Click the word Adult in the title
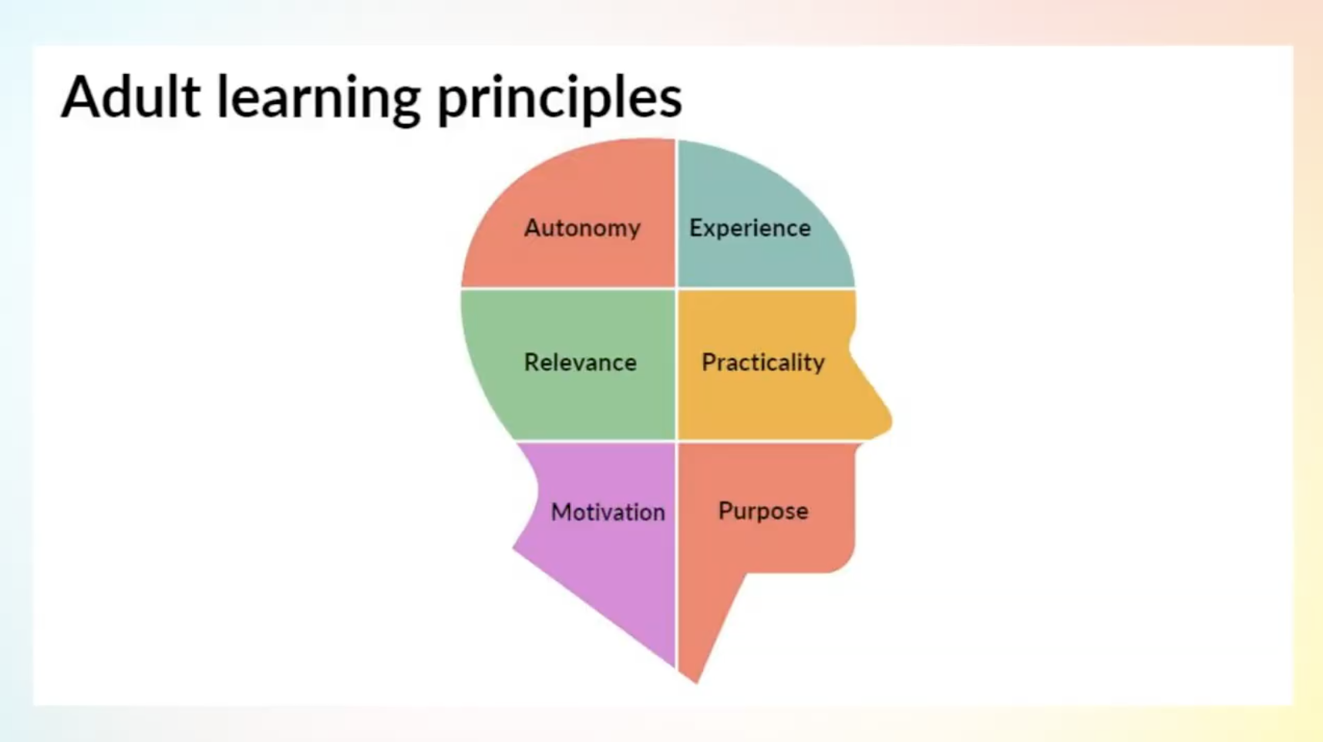point(131,97)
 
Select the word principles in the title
point(560,100)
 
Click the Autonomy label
point(582,228)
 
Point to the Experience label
point(750,228)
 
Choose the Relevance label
point(581,363)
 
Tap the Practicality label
point(763,363)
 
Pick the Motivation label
point(608,512)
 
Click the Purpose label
point(763,511)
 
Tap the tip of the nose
point(890,421)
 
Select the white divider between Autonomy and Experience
point(676,214)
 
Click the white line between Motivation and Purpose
point(676,555)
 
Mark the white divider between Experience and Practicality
point(766,289)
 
